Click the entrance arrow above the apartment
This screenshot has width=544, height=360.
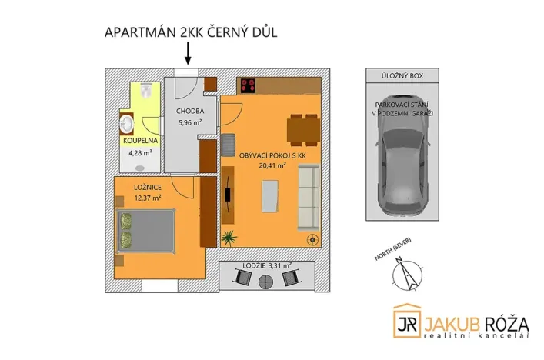[x=187, y=54]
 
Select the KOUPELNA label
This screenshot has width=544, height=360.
[x=140, y=141]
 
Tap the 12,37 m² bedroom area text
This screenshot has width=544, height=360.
[x=147, y=198]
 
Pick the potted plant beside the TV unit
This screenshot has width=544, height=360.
[x=229, y=237]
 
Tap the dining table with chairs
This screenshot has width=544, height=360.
[x=302, y=128]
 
